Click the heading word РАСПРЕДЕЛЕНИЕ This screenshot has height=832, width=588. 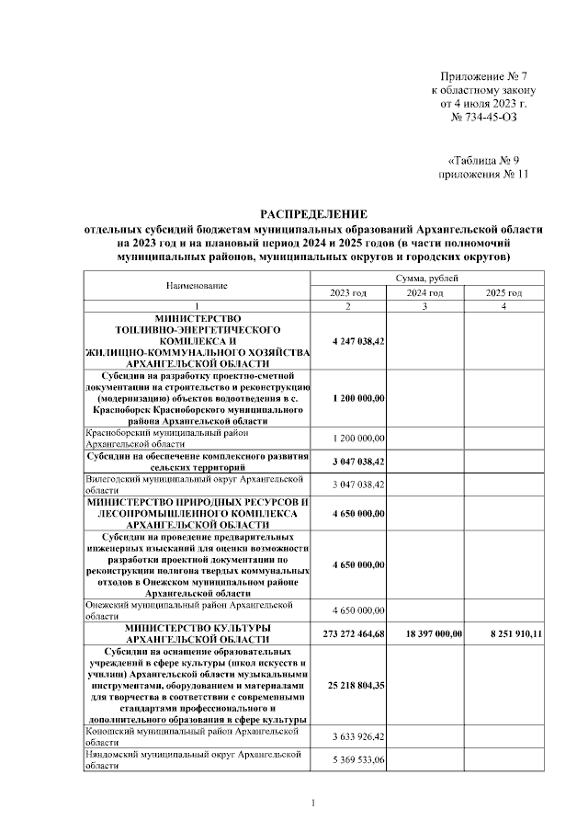pos(313,213)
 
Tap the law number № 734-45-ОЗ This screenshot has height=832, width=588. pos(490,120)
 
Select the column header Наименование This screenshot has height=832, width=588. pos(197,285)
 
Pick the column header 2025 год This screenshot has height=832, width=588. pos(503,292)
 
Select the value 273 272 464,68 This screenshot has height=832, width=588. pos(346,633)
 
